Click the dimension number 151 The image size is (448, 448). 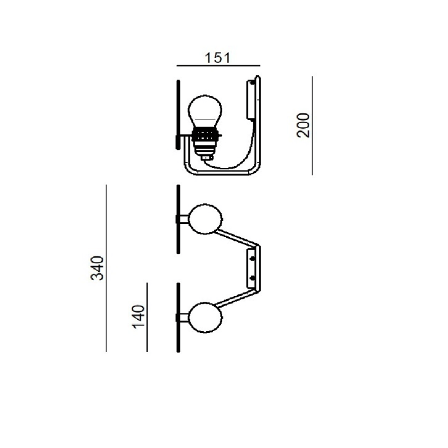click(217, 58)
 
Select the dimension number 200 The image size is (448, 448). click(303, 126)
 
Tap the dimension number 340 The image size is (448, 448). click(97, 268)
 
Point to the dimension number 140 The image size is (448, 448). click(138, 317)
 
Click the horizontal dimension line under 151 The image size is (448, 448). click(218, 66)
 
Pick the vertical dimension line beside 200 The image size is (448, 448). click(312, 126)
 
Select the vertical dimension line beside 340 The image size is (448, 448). click(106, 268)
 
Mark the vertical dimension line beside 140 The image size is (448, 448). click(147, 317)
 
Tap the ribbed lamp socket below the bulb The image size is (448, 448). click(205, 142)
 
